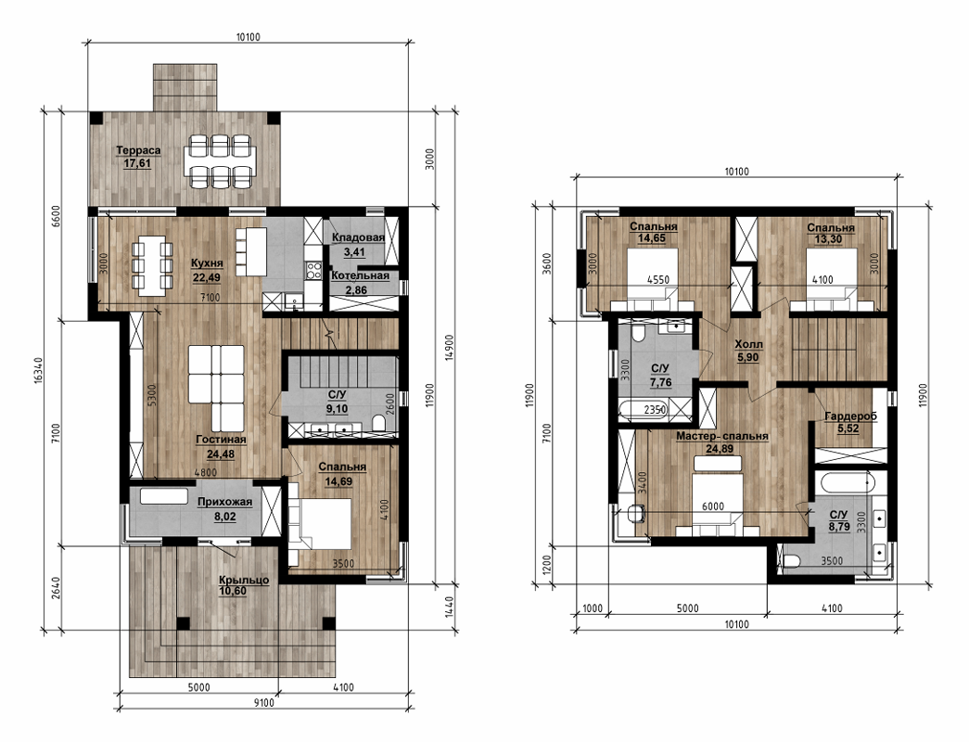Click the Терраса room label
(x=138, y=150)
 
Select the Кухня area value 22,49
(x=207, y=278)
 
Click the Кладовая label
(x=359, y=237)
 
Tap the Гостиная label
(x=222, y=440)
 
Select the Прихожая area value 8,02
(x=225, y=517)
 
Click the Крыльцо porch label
(x=244, y=580)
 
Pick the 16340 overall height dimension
(x=38, y=371)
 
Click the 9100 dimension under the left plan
(x=264, y=702)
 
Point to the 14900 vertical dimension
(x=450, y=348)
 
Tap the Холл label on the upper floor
(x=748, y=344)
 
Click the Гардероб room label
(x=851, y=416)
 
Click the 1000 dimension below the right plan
(x=592, y=608)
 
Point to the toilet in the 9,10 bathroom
(x=379, y=423)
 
